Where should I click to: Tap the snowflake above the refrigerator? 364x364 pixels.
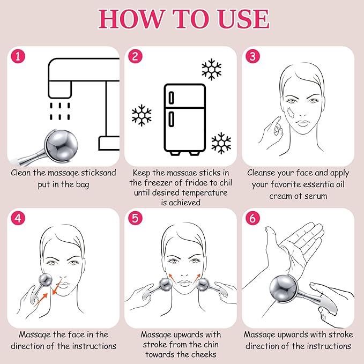[211, 70]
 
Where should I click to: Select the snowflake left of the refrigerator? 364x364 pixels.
[142, 115]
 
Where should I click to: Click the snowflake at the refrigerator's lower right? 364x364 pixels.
[221, 143]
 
